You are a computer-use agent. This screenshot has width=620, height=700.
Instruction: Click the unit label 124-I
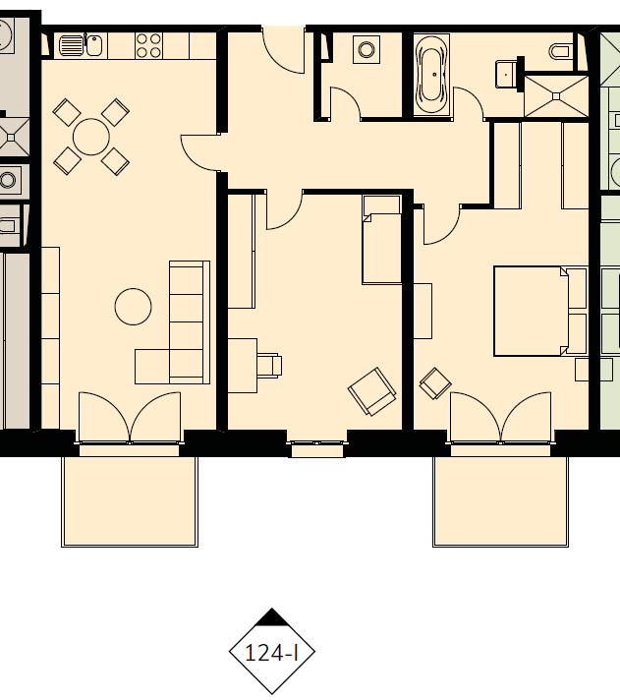[x=271, y=654]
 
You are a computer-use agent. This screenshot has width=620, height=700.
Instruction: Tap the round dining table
[x=91, y=137]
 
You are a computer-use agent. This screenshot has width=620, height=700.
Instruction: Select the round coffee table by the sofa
[x=133, y=307]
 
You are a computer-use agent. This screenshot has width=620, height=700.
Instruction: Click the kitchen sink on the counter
[x=81, y=45]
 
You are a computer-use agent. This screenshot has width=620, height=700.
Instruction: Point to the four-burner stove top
[x=148, y=46]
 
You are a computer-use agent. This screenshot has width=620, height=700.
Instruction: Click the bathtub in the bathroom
[x=431, y=75]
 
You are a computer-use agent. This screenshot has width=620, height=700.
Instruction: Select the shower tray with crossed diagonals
[x=556, y=96]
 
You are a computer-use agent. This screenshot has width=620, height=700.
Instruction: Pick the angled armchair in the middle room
[x=372, y=391]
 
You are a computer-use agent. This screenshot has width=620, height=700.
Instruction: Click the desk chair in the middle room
[x=269, y=366]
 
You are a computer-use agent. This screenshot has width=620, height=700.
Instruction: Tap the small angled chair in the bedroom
[x=435, y=383]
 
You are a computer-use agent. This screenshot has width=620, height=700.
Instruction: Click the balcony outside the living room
[x=130, y=500]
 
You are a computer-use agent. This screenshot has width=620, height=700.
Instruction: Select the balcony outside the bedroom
[x=500, y=500]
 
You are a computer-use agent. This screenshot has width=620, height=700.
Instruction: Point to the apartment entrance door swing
[x=284, y=50]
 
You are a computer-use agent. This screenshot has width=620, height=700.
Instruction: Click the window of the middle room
[x=317, y=448]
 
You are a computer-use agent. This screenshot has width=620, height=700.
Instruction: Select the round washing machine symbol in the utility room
[x=366, y=49]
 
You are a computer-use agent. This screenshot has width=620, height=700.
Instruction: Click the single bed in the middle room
[x=381, y=240]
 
